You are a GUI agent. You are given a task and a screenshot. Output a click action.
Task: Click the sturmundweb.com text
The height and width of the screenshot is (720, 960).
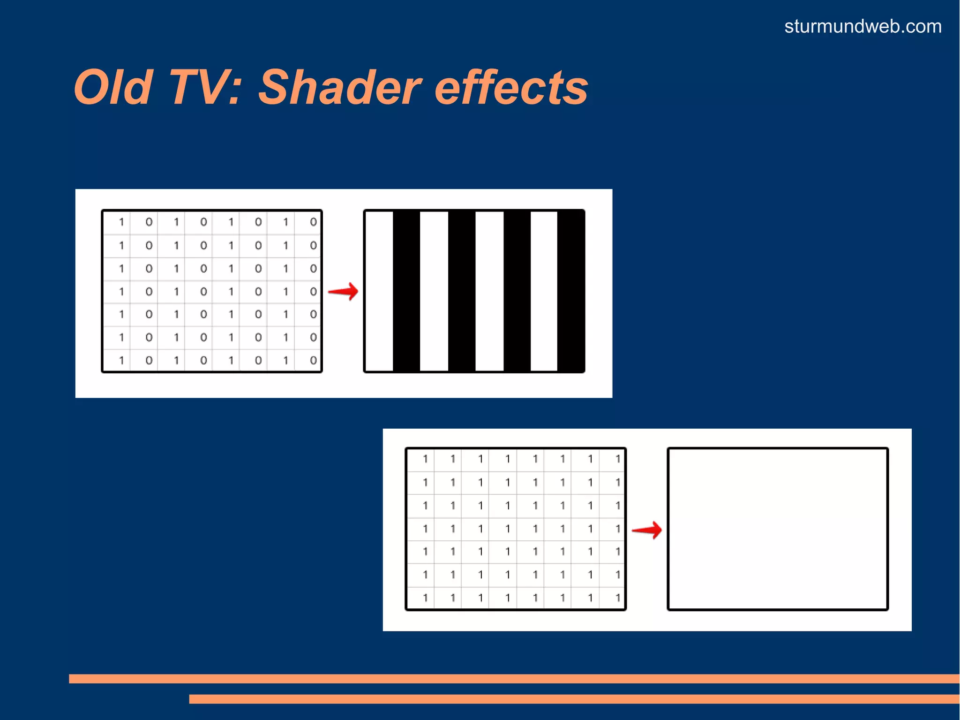tap(862, 26)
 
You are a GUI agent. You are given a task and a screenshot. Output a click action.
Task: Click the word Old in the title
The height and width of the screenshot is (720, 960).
tap(113, 88)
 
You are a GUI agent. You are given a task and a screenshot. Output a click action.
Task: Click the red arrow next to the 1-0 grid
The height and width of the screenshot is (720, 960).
tap(343, 291)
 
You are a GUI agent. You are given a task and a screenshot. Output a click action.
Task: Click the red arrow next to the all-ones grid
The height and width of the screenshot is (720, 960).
tap(647, 530)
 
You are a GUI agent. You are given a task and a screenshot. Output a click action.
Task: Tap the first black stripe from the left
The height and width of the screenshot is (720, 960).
tap(406, 291)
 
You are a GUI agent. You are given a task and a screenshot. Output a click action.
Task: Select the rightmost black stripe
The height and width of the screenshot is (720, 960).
tap(570, 291)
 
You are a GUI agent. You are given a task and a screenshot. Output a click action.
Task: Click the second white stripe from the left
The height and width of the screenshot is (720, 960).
tap(434, 291)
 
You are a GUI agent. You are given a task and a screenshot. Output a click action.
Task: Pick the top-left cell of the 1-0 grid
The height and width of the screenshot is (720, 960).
tap(121, 222)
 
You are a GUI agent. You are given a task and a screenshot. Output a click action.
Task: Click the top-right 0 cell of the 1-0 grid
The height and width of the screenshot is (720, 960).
tap(313, 222)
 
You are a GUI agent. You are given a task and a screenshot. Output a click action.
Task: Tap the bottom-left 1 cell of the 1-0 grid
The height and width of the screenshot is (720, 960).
tap(121, 360)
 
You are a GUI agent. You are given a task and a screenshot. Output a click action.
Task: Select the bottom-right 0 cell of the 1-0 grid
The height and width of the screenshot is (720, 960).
tap(313, 360)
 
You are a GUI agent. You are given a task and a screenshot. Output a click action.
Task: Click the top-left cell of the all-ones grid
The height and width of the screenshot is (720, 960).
tap(425, 459)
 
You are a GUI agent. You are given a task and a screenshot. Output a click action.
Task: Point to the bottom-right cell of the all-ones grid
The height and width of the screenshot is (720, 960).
tap(617, 598)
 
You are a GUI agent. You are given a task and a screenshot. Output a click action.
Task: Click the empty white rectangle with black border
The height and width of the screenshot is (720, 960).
tap(778, 529)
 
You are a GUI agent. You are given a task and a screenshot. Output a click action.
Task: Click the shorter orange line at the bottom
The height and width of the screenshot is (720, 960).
tap(574, 699)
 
